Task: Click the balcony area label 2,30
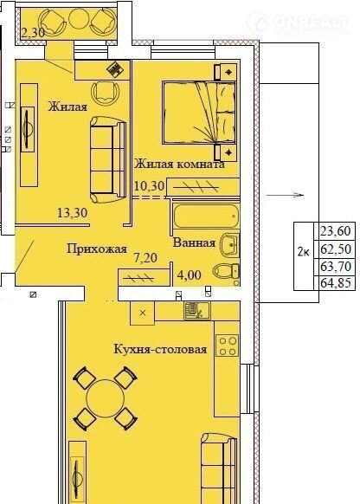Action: pyautogui.click(x=33, y=32)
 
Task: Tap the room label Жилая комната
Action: pyautogui.click(x=179, y=165)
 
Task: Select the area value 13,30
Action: pyautogui.click(x=72, y=213)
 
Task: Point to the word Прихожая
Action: pyautogui.click(x=97, y=249)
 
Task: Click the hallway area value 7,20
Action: pyautogui.click(x=145, y=258)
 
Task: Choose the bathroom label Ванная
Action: pyautogui.click(x=194, y=242)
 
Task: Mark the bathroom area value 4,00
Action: pyautogui.click(x=190, y=275)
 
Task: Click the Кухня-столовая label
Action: pyautogui.click(x=160, y=349)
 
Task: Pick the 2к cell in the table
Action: pyautogui.click(x=304, y=252)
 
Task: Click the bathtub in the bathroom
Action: pyautogui.click(x=206, y=217)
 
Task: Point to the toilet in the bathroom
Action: pyautogui.click(x=226, y=271)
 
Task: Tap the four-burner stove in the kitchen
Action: pyautogui.click(x=228, y=346)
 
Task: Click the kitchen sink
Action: pyautogui.click(x=197, y=311)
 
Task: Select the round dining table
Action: pyautogui.click(x=106, y=398)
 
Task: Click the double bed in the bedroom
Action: pyautogui.click(x=199, y=113)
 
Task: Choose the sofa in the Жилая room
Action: pyautogui.click(x=107, y=159)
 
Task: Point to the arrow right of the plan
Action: pyautogui.click(x=285, y=195)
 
